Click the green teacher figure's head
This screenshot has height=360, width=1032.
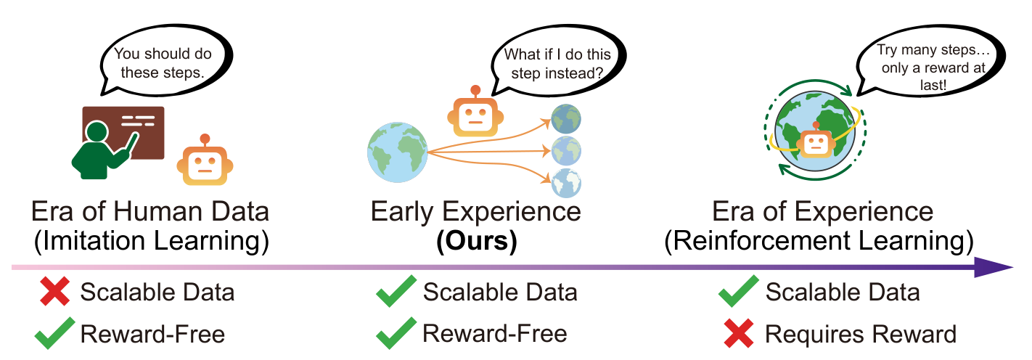click(96, 134)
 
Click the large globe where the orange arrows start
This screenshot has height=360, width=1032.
click(396, 152)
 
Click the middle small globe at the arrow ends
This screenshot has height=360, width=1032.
click(566, 150)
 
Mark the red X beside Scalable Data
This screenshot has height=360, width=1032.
click(55, 292)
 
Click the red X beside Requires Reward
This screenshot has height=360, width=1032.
click(740, 334)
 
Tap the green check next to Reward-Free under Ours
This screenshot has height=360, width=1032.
click(396, 334)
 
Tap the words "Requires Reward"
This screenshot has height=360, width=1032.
click(861, 334)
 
